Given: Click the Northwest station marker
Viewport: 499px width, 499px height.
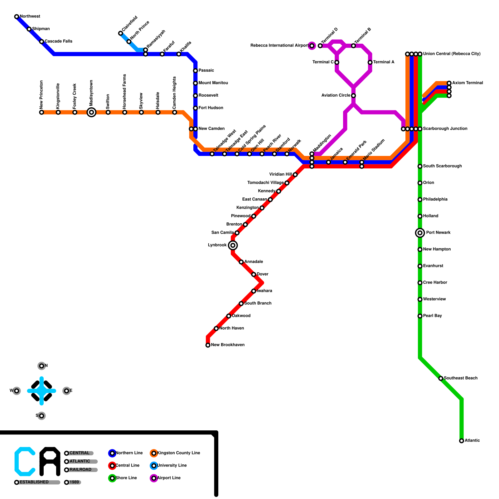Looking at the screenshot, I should pos(17,17).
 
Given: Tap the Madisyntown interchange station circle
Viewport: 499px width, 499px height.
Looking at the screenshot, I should pos(91,112).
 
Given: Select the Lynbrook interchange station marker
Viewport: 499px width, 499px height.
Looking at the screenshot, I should pos(233,245).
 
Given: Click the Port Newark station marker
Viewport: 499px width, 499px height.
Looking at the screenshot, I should pos(420,233).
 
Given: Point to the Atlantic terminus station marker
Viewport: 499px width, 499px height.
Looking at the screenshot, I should pos(462,441).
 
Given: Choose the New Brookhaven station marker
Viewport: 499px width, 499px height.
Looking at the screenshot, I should pos(208,345).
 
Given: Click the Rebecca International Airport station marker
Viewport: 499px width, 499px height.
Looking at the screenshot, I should pos(312,46).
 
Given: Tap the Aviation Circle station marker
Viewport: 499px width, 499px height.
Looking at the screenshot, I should pos(353,96).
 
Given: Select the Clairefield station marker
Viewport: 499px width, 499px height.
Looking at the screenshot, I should pos(121,33).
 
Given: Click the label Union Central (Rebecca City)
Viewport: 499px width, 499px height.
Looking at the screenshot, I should pos(452,54).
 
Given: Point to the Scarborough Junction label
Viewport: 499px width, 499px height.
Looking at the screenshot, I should pos(445,129).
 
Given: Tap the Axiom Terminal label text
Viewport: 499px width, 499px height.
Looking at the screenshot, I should pos(468,83).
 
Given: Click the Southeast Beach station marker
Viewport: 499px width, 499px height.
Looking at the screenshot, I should pos(441,378).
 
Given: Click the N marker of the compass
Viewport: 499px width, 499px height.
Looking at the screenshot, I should pos(41,366).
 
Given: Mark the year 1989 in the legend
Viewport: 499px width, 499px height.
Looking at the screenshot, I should pos(74,482).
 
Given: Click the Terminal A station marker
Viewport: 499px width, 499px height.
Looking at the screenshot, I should pos(370,62).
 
